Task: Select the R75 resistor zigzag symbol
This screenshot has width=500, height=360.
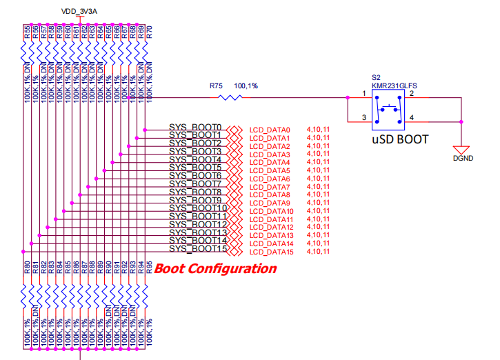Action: pos(230,99)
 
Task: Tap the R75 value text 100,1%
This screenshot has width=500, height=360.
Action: pos(246,86)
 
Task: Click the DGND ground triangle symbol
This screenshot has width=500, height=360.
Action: pos(461,148)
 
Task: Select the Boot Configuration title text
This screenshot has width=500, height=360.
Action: pos(214,268)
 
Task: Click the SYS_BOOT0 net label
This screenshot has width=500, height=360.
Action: pos(195,128)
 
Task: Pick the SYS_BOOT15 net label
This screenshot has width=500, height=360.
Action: pos(198,248)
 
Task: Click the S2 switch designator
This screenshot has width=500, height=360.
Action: pos(376,78)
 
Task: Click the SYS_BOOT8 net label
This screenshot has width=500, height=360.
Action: pos(195,192)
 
